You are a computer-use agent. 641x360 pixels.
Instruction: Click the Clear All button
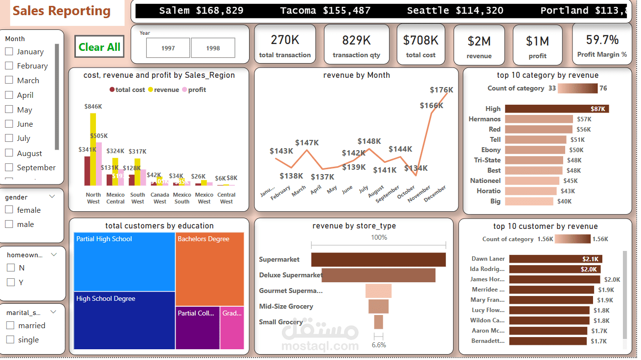coord(99,47)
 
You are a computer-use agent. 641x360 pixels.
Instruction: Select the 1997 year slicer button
coord(168,48)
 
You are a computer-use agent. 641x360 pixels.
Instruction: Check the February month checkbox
coord(9,66)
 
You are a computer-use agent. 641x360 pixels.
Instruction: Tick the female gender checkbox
coord(9,210)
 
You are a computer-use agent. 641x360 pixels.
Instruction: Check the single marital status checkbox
coord(10,339)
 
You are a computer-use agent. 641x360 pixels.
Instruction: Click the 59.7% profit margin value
coord(602,40)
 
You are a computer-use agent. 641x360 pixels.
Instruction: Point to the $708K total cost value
coord(420,40)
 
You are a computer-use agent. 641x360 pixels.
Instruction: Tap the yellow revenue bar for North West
coord(93,149)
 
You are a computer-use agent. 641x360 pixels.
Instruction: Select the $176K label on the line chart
coord(441,90)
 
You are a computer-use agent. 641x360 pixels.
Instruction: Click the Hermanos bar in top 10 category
coord(538,119)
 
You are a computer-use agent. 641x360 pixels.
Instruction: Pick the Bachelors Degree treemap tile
coord(209,269)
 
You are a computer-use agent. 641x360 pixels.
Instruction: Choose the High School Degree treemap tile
coord(124,320)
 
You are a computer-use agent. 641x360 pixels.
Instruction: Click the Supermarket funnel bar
coord(378,259)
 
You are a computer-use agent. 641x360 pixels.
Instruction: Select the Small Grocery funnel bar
coord(378,322)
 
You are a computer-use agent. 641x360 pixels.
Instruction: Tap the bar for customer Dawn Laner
coord(556,259)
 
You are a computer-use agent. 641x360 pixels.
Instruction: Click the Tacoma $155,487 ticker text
coord(325,11)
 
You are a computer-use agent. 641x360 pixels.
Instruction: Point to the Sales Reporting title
coord(62,11)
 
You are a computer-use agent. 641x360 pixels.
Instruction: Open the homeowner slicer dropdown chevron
coord(54,254)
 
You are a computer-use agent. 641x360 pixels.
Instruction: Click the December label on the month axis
coord(435,194)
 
